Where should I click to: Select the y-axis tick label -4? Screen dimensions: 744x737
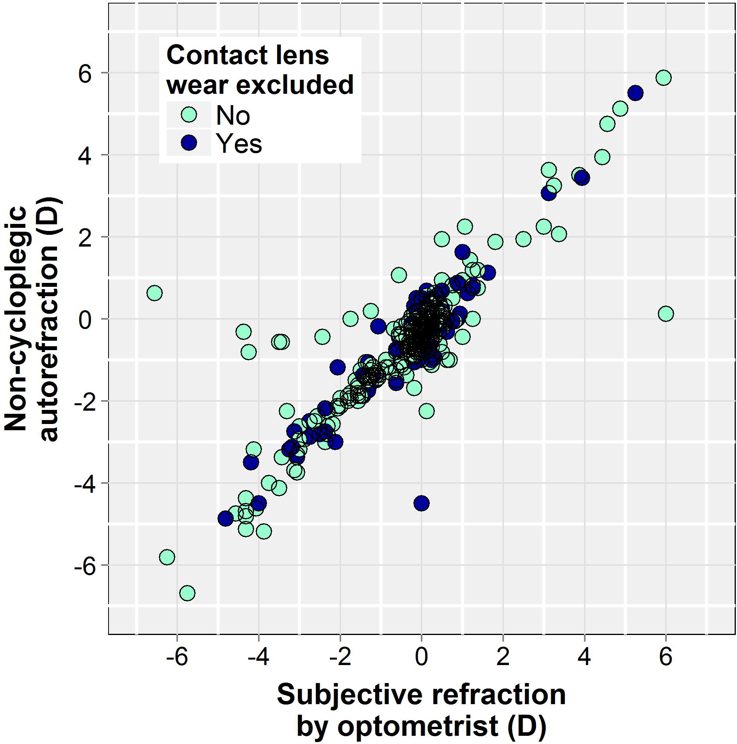[x=83, y=483]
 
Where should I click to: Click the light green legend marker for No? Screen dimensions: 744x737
[x=189, y=115]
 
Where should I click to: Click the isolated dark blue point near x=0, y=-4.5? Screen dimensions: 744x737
[x=421, y=503]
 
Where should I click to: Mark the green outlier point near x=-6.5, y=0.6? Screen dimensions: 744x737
[x=155, y=293]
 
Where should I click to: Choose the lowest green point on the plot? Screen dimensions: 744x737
[x=187, y=593]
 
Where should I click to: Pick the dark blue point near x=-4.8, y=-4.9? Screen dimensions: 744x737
[x=226, y=519]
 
